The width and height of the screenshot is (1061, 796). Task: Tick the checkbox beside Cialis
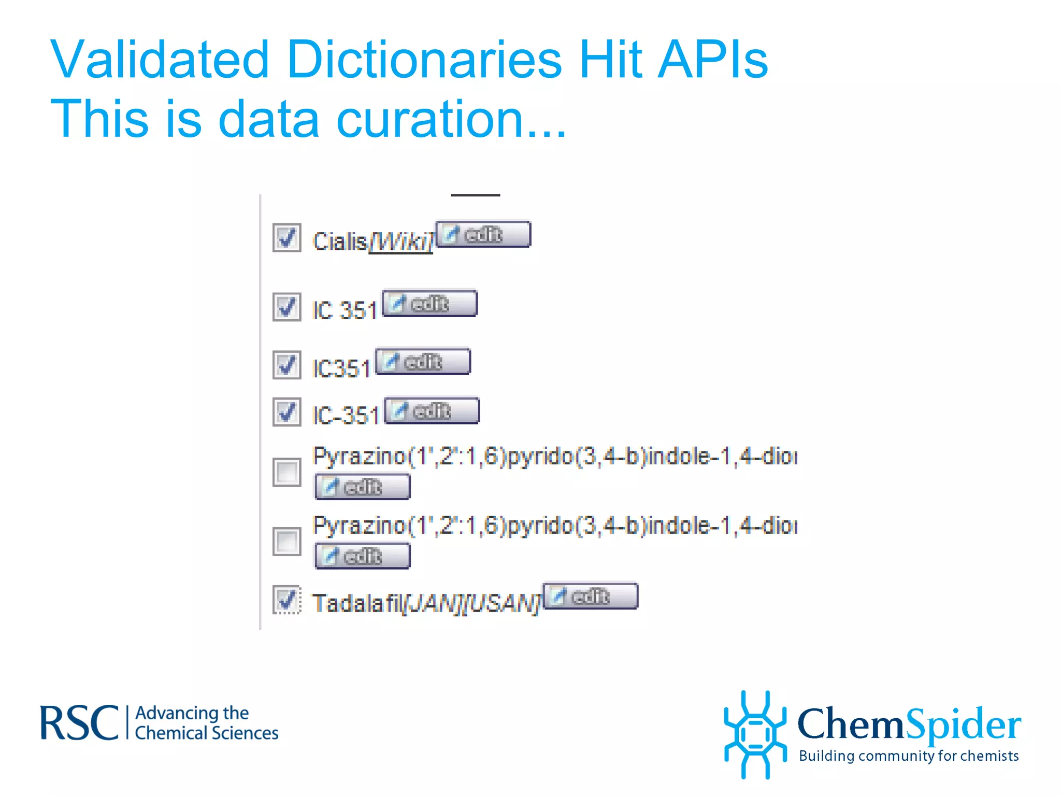pyautogui.click(x=286, y=238)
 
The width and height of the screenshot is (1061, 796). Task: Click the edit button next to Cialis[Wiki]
pyautogui.click(x=483, y=235)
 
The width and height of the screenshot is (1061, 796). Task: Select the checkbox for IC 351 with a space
pyautogui.click(x=286, y=307)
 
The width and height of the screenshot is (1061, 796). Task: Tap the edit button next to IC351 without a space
pyautogui.click(x=423, y=362)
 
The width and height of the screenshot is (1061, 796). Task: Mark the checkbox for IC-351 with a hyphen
pyautogui.click(x=286, y=412)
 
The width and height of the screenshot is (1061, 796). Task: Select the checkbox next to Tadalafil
pyautogui.click(x=286, y=600)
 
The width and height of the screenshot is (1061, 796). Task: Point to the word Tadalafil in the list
pyautogui.click(x=357, y=603)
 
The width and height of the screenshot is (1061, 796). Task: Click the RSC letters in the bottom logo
pyautogui.click(x=79, y=723)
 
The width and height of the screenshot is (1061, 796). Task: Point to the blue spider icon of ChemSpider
pyautogui.click(x=755, y=734)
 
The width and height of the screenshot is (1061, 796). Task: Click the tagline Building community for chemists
pyautogui.click(x=908, y=756)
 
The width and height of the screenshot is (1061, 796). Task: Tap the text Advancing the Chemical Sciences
pyautogui.click(x=206, y=723)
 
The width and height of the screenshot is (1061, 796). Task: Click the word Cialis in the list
pyautogui.click(x=340, y=241)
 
